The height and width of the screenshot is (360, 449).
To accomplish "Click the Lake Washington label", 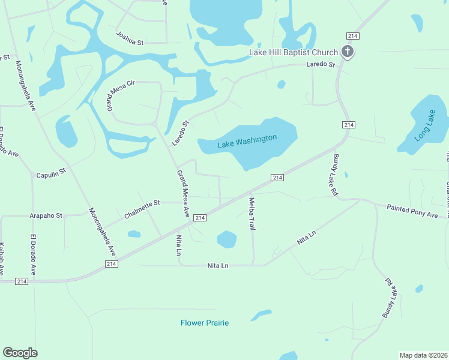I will tap(247, 141).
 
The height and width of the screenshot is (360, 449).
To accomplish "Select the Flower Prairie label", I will tap(205, 323).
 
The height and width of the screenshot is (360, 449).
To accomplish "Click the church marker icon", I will tap(347, 52).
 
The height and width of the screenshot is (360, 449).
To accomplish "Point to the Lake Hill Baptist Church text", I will tap(294, 53).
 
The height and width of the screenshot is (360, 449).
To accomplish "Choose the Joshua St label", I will tap(130, 39).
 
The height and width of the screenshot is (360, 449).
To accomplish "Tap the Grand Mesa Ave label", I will tap(183, 194).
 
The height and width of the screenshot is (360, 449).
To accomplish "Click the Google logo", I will tap(20, 353).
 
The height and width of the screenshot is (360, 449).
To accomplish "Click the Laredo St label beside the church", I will tap(320, 64).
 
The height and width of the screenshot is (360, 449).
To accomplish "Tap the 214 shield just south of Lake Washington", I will tap(277, 178).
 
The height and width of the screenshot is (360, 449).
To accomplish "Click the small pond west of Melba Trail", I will tap(226, 239).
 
